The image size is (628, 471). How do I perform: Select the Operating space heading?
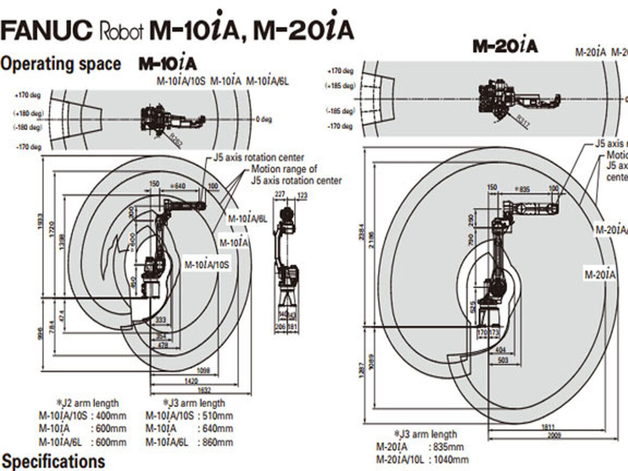pyautogui.click(x=61, y=64)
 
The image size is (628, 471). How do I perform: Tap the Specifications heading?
pyautogui.click(x=53, y=461)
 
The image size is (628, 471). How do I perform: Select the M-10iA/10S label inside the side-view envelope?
pyautogui.click(x=207, y=264)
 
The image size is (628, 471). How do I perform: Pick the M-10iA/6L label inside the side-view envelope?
pyautogui.click(x=247, y=218)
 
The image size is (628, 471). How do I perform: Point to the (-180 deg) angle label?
pyautogui.click(x=28, y=127)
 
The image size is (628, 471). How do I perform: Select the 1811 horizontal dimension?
pyautogui.click(x=548, y=427)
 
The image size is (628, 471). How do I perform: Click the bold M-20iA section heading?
pyautogui.click(x=505, y=46)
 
